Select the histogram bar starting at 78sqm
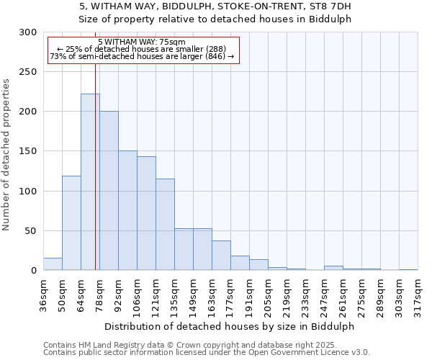tap(109, 191)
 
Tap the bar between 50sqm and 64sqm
tap(71, 223)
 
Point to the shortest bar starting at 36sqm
tap(53, 264)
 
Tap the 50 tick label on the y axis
tap(31, 231)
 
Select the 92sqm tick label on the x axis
tap(118, 296)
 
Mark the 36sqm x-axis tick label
tap(43, 296)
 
